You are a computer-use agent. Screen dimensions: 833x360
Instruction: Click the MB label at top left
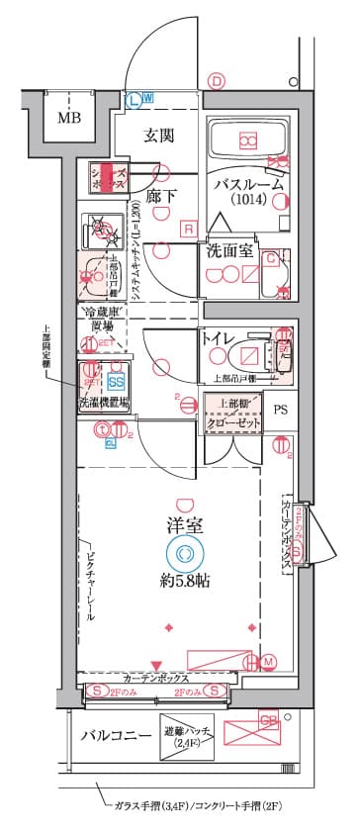68,120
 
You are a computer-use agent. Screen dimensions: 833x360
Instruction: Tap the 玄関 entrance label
159,135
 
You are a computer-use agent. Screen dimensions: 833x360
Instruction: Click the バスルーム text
250,184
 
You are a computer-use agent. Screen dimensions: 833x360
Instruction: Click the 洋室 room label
184,526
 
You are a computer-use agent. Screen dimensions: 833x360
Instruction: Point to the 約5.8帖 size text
184,582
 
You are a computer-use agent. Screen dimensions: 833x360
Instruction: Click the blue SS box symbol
116,381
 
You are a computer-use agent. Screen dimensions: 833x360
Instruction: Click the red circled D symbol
218,83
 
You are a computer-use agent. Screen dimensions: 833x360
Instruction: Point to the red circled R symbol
187,230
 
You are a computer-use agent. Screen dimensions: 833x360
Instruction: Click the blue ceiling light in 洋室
184,554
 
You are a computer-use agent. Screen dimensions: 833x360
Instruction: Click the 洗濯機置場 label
106,404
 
